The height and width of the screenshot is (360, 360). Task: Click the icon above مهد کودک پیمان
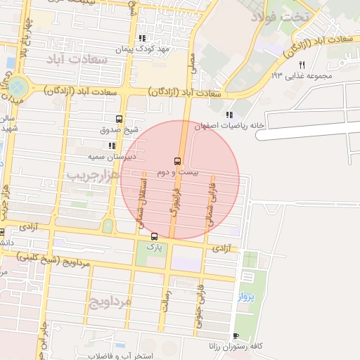pos(142,38)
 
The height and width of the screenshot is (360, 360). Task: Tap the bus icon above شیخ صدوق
pos(118,119)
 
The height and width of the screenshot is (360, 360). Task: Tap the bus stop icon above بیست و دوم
pos(177,160)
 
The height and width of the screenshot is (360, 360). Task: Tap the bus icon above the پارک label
pos(154,236)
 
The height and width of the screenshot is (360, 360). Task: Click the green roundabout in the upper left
pos(18,87)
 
